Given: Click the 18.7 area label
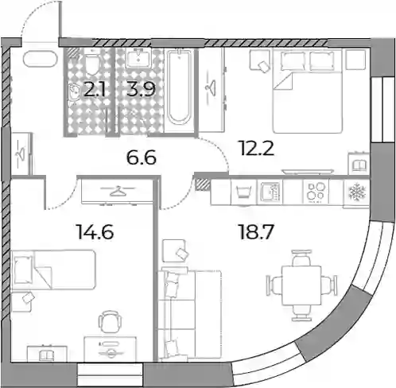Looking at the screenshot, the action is (x=256, y=231).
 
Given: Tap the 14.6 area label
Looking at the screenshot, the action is (x=95, y=231).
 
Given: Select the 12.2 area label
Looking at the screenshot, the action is (x=257, y=148).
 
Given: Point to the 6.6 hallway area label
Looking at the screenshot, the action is (x=142, y=157).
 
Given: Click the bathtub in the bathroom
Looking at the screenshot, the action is (x=179, y=87).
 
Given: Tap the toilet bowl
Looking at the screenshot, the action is (x=92, y=64).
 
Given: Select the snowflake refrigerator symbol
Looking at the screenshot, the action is (x=357, y=192).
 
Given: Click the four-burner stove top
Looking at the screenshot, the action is (x=316, y=191).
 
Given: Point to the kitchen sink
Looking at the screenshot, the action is (x=270, y=192).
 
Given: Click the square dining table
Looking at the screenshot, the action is (x=301, y=285).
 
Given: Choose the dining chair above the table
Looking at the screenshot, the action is (x=301, y=258).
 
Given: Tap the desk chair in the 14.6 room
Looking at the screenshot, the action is (x=109, y=321).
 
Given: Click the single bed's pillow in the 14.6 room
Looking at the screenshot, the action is (x=24, y=270).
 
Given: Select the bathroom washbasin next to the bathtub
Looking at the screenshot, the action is (x=138, y=58).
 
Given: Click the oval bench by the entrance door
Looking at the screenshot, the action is (x=40, y=58).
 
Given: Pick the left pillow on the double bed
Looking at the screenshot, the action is (x=293, y=60).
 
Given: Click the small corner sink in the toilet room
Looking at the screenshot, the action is (x=74, y=92).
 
